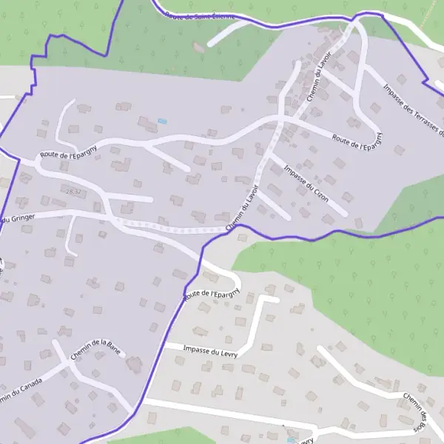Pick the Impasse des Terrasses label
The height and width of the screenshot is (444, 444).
pyautogui.click(x=412, y=111)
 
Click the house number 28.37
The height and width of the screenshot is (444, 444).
pyautogui.click(x=73, y=192)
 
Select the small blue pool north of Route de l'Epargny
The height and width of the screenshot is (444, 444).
pyautogui.click(x=162, y=121)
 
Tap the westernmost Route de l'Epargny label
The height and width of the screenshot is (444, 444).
pyautogui.click(x=69, y=155)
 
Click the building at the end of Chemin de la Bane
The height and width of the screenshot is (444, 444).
pyautogui.click(x=135, y=364)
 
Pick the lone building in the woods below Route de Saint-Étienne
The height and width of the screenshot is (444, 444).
pyautogui.click(x=198, y=47)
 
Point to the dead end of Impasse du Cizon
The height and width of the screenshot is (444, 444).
pyautogui.click(x=346, y=215)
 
